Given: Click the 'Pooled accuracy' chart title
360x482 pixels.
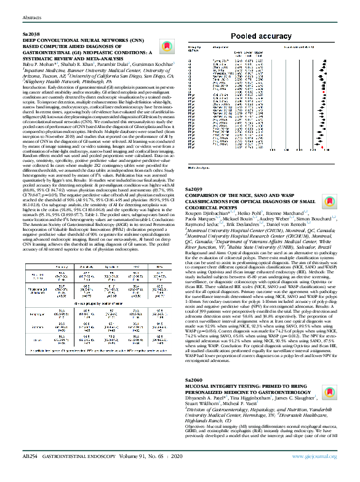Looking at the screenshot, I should click(x=261, y=36).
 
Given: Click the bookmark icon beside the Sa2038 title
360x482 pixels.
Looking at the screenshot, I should click(x=163, y=47).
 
